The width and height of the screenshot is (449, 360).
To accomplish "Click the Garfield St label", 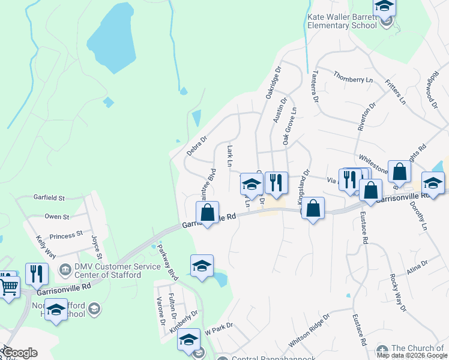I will (49, 197).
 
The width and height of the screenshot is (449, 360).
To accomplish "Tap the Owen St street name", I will (57, 217).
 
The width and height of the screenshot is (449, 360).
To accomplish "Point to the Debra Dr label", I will (196, 145).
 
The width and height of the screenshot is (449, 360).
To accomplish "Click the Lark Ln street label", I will (229, 155).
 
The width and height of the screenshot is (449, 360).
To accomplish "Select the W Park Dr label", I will (218, 329).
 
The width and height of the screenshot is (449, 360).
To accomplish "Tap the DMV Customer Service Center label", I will (108, 271).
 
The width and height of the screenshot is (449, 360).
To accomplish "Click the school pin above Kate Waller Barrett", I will (384, 8).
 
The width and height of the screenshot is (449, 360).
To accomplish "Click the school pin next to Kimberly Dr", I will (188, 340).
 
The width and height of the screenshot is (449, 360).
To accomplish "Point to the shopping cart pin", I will (8, 287).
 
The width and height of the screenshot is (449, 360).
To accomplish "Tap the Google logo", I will (19, 353).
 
